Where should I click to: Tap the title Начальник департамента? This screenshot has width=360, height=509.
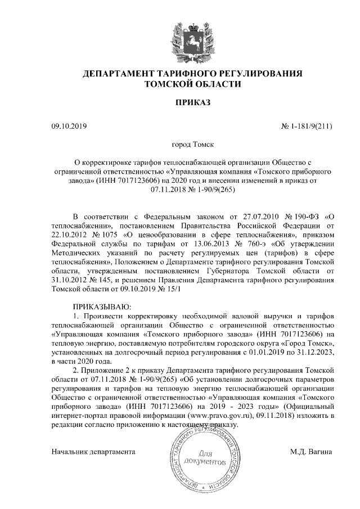pos(94,451)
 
